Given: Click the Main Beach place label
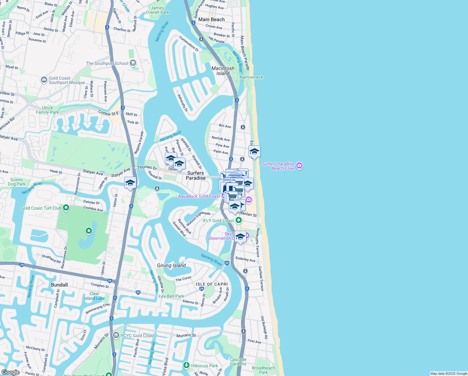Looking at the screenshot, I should click(211, 19).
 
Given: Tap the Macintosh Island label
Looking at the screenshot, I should click(223, 71).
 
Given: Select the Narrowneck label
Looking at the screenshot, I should click(251, 77).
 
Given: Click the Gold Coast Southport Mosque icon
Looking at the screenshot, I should click(44, 80).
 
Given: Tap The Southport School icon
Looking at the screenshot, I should click(133, 63).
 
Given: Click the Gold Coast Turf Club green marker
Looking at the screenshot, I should click(66, 208).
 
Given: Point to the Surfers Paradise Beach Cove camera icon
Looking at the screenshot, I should click(299, 166).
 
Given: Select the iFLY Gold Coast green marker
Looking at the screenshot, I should click(239, 221).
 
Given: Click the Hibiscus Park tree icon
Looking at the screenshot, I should click(186, 365).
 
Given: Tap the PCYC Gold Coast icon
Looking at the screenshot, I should click(116, 336).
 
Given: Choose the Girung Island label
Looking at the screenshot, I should click(171, 265).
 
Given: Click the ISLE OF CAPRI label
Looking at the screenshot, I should click(212, 284).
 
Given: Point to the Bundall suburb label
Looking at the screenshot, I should click(59, 285).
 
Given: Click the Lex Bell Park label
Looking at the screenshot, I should click(171, 296).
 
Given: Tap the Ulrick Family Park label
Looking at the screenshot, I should click(47, 110).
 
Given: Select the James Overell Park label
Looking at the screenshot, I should click(157, 10).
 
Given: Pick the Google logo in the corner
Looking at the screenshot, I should click(10, 372).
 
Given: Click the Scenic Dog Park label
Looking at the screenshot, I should click(17, 182).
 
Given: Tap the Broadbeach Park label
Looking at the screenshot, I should click(263, 370).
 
